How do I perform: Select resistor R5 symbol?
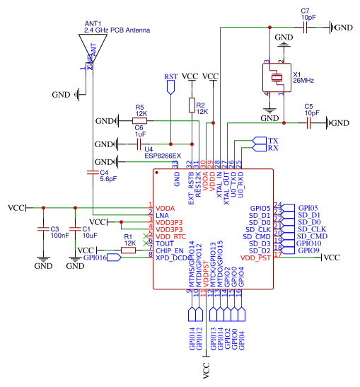pos(141,121)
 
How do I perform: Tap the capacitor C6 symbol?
pos(140,144)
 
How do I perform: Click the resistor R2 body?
pos(192,105)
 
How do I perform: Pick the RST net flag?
pos(170,86)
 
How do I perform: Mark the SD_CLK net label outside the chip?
pos(311,229)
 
